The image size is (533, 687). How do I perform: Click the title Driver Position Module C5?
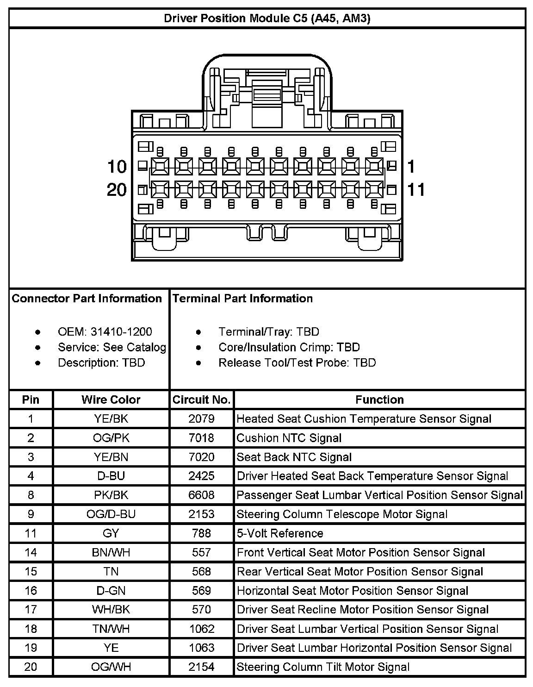pos(267,19)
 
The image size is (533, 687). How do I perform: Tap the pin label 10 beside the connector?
pos(117,166)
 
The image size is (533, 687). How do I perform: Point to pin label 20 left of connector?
pos(117,189)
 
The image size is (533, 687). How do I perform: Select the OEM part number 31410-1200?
pos(121,332)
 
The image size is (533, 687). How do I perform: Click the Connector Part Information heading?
pos(87,299)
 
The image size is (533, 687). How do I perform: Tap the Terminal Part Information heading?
pos(242,299)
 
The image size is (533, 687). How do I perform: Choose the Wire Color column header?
pos(111,400)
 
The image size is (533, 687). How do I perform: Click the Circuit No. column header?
pos(201,400)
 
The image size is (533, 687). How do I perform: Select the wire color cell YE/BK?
pos(111,419)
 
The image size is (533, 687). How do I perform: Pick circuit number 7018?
pos(201,438)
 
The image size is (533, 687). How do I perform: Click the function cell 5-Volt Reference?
pos(280,533)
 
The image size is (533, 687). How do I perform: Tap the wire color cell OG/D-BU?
pos(111,514)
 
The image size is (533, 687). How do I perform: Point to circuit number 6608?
pos(201,495)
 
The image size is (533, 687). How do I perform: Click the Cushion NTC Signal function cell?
pos(289,438)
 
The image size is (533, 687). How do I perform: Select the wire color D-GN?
pos(111,591)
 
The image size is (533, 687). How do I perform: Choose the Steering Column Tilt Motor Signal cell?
pos(323,667)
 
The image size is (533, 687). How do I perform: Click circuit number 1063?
pos(201,648)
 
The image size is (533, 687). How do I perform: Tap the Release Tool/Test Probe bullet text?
pos(297,363)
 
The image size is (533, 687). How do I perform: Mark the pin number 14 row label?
pos(31,553)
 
